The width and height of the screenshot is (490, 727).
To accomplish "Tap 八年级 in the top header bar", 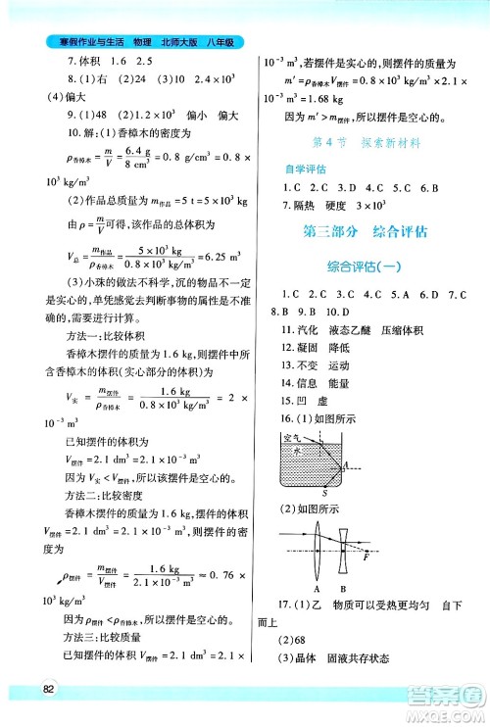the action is point(223,42).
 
